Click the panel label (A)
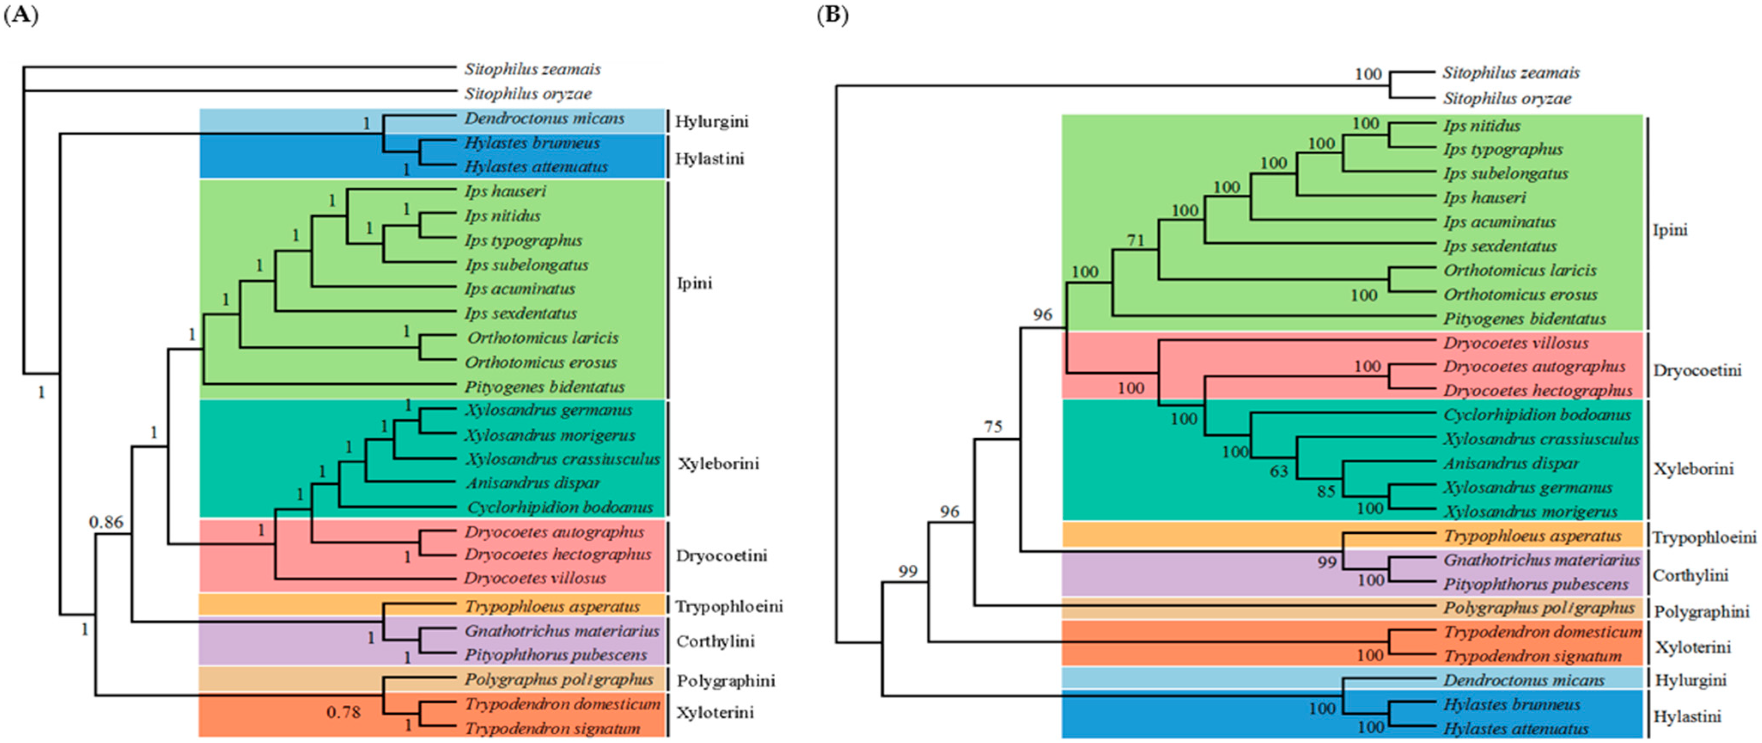[21, 15]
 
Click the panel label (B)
[832, 15]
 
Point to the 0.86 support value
[106, 522]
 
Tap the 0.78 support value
[344, 712]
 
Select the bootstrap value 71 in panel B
[1135, 240]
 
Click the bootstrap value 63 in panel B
[1278, 471]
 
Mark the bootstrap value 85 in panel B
[1326, 491]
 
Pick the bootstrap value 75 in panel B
[992, 427]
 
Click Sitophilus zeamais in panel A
[532, 69]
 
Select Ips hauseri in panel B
[1484, 198]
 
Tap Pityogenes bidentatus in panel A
[545, 387]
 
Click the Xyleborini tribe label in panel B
[1693, 469]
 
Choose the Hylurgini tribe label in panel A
[711, 121]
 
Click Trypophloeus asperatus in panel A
[552, 606]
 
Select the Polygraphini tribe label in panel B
[1701, 612]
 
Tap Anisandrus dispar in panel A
[533, 483]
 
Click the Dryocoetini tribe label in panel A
[721, 556]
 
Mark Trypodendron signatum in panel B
[1532, 656]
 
